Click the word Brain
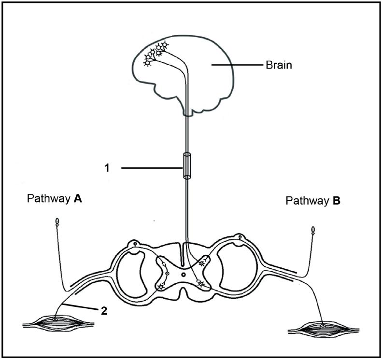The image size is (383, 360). click(x=279, y=65)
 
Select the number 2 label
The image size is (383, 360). click(x=103, y=310)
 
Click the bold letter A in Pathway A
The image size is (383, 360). click(x=77, y=199)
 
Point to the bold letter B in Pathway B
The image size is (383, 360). click(x=336, y=201)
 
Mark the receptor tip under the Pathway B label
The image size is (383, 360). click(x=313, y=229)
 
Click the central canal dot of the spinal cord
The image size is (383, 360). click(x=183, y=274)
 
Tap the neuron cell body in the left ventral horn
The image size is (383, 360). click(x=160, y=287)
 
